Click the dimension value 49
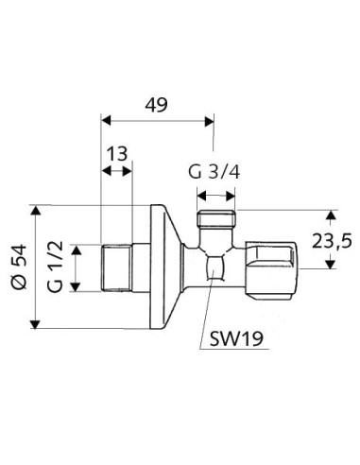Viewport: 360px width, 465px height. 155,105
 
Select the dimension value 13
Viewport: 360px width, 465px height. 117,155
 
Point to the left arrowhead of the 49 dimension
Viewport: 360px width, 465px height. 106,120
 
